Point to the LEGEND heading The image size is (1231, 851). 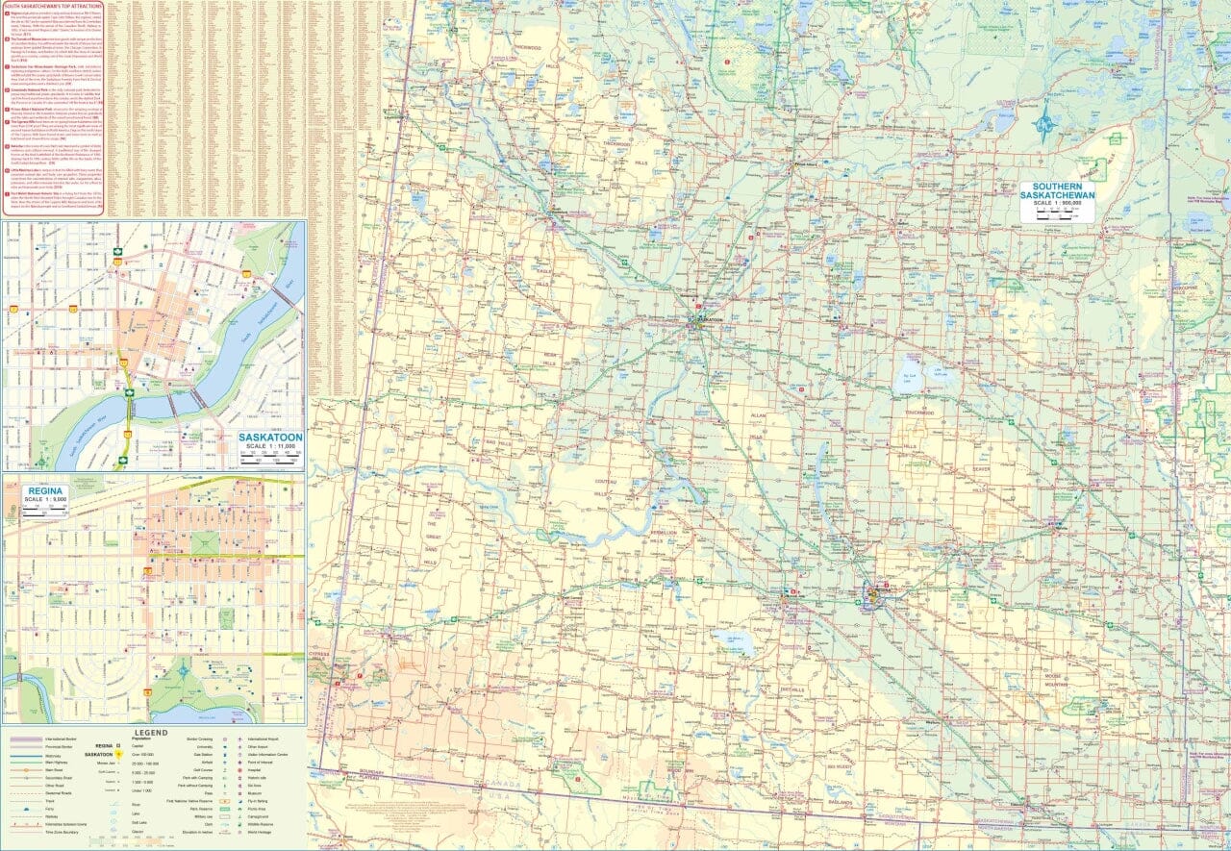tap(151, 732)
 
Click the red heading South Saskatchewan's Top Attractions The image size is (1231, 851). tap(52, 6)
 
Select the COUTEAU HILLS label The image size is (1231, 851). tap(605, 487)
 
